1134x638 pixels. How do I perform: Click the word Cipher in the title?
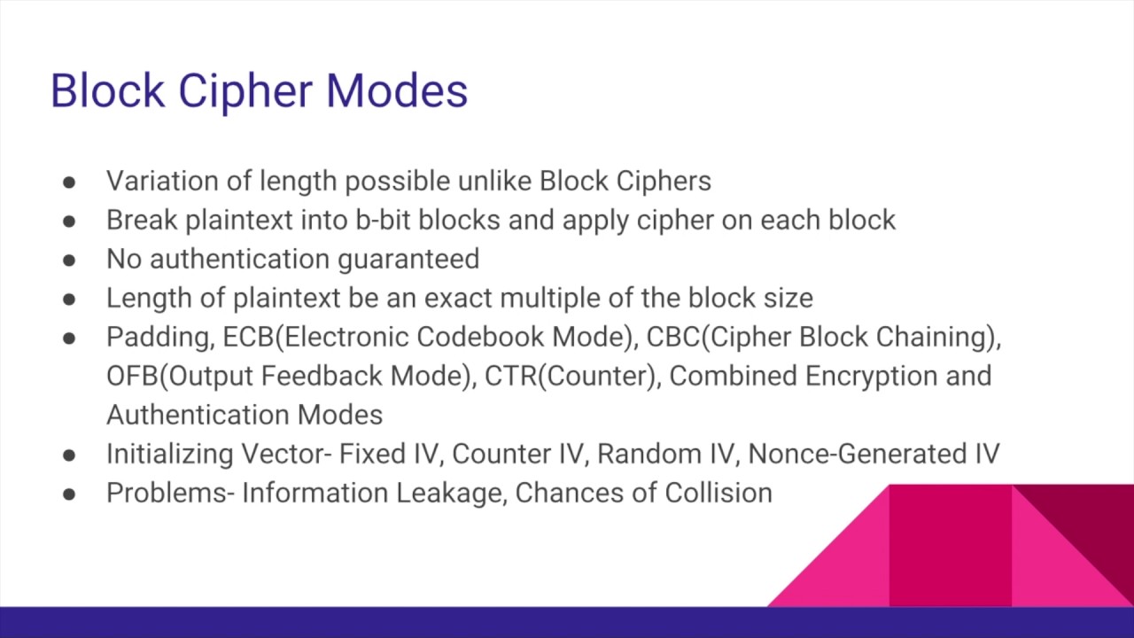click(243, 91)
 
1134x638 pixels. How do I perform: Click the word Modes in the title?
click(396, 91)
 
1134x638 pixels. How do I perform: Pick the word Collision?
click(718, 493)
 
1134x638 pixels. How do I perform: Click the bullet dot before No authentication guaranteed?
click(69, 260)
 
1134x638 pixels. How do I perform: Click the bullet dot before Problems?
click(69, 494)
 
